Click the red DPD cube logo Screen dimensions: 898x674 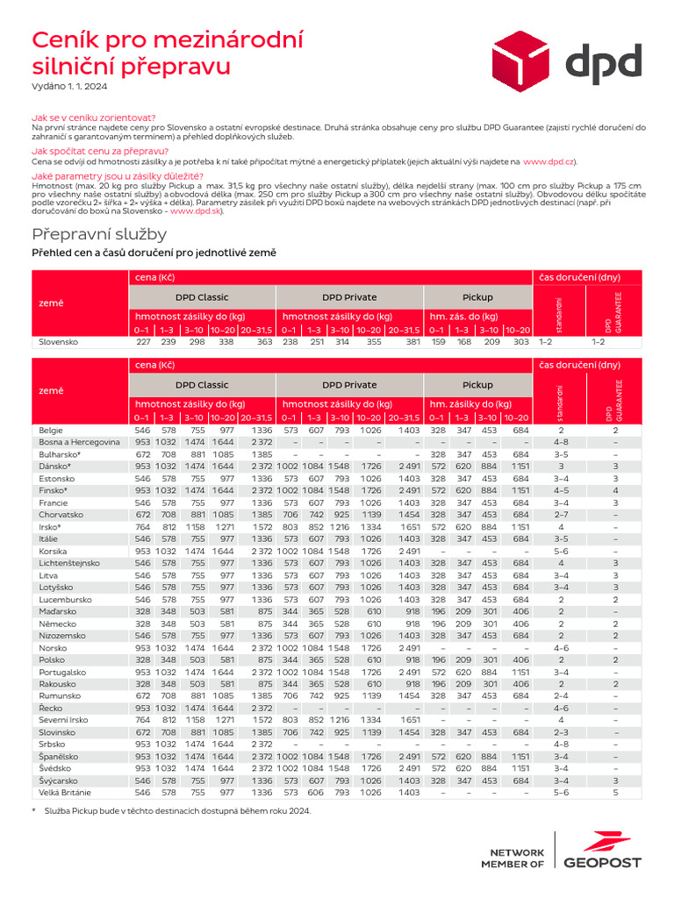point(526,58)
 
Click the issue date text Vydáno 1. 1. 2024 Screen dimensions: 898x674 point(69,86)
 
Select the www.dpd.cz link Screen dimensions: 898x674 point(549,161)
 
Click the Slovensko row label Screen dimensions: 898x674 point(55,341)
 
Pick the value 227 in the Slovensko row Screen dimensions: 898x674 point(143,341)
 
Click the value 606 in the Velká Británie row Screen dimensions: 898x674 point(316,792)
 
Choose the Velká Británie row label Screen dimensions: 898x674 point(66,792)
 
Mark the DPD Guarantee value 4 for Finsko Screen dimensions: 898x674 point(615,490)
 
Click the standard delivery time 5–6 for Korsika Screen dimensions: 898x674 point(561,550)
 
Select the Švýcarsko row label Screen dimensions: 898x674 point(60,780)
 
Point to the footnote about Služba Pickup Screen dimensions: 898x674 point(176,811)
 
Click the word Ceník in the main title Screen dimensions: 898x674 point(62,39)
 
